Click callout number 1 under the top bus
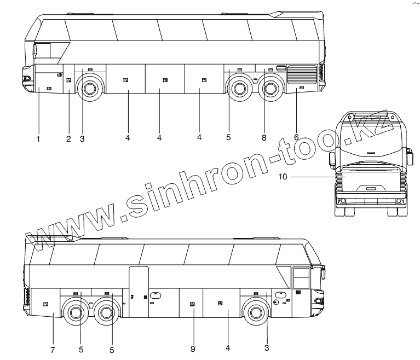coord(38,139)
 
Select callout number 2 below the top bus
coord(68,139)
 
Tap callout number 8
coord(264,138)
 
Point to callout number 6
coord(296,137)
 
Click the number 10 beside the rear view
coord(283,177)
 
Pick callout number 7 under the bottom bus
coord(53,350)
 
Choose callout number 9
coord(193,349)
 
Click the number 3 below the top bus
coord(82,139)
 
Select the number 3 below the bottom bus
coord(267,348)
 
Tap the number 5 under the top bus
coord(228,137)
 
